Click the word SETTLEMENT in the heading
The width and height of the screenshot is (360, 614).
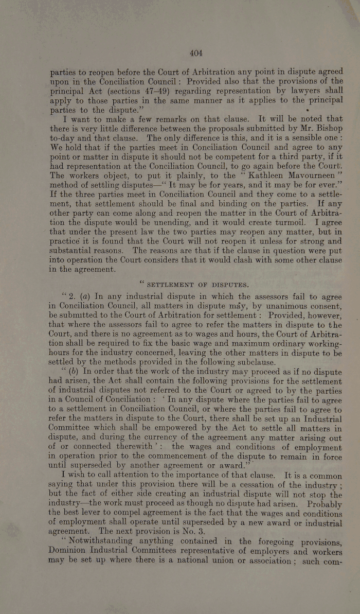(x=172, y=285)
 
